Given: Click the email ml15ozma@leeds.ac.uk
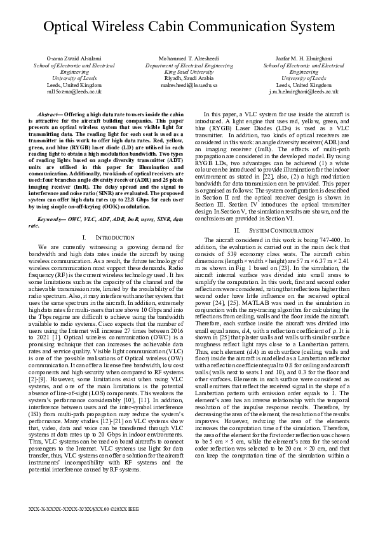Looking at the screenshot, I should [x=65, y=91].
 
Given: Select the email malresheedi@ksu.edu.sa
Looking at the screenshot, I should [x=189, y=85].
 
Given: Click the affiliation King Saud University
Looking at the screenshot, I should [x=189, y=71].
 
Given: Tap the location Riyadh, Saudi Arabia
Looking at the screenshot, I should [x=189, y=78].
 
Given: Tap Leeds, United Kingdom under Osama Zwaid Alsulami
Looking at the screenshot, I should [x=65, y=85].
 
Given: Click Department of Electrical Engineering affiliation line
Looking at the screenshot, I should [x=189, y=65].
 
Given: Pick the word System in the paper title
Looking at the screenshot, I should [x=321, y=27].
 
